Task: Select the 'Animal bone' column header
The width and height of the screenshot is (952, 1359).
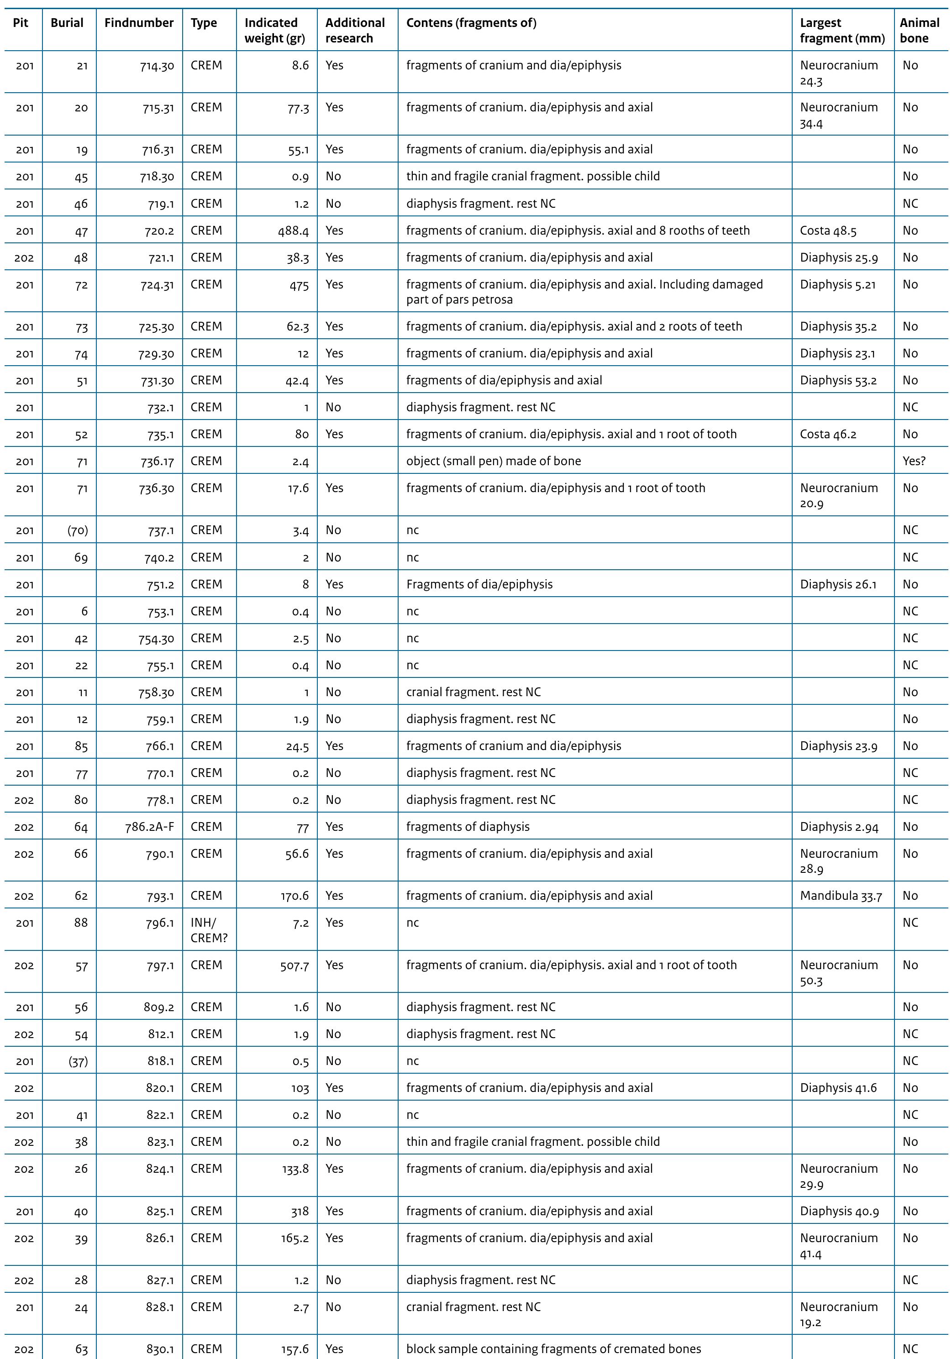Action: (x=920, y=31)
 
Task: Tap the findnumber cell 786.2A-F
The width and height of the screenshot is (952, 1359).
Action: (x=149, y=827)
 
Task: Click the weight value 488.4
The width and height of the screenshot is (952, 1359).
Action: (x=294, y=231)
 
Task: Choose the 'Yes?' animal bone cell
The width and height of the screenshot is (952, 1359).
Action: (x=914, y=461)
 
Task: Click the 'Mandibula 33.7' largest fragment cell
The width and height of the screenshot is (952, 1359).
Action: (x=841, y=896)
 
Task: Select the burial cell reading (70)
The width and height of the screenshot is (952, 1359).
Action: (x=78, y=530)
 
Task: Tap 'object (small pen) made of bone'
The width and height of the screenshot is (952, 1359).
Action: (x=493, y=461)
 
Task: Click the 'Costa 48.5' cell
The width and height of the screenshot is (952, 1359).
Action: (x=828, y=231)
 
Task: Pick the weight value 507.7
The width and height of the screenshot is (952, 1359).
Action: (x=294, y=965)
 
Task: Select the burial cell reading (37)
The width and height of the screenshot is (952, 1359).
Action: (x=78, y=1061)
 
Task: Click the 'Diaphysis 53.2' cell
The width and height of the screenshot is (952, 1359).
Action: (x=838, y=381)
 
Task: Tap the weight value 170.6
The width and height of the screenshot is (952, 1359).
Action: (x=294, y=896)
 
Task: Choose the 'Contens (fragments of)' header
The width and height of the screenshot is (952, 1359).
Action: (x=471, y=23)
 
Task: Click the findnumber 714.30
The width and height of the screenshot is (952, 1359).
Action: (x=156, y=66)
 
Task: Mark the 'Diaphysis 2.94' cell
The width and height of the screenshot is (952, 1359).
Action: (x=838, y=827)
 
